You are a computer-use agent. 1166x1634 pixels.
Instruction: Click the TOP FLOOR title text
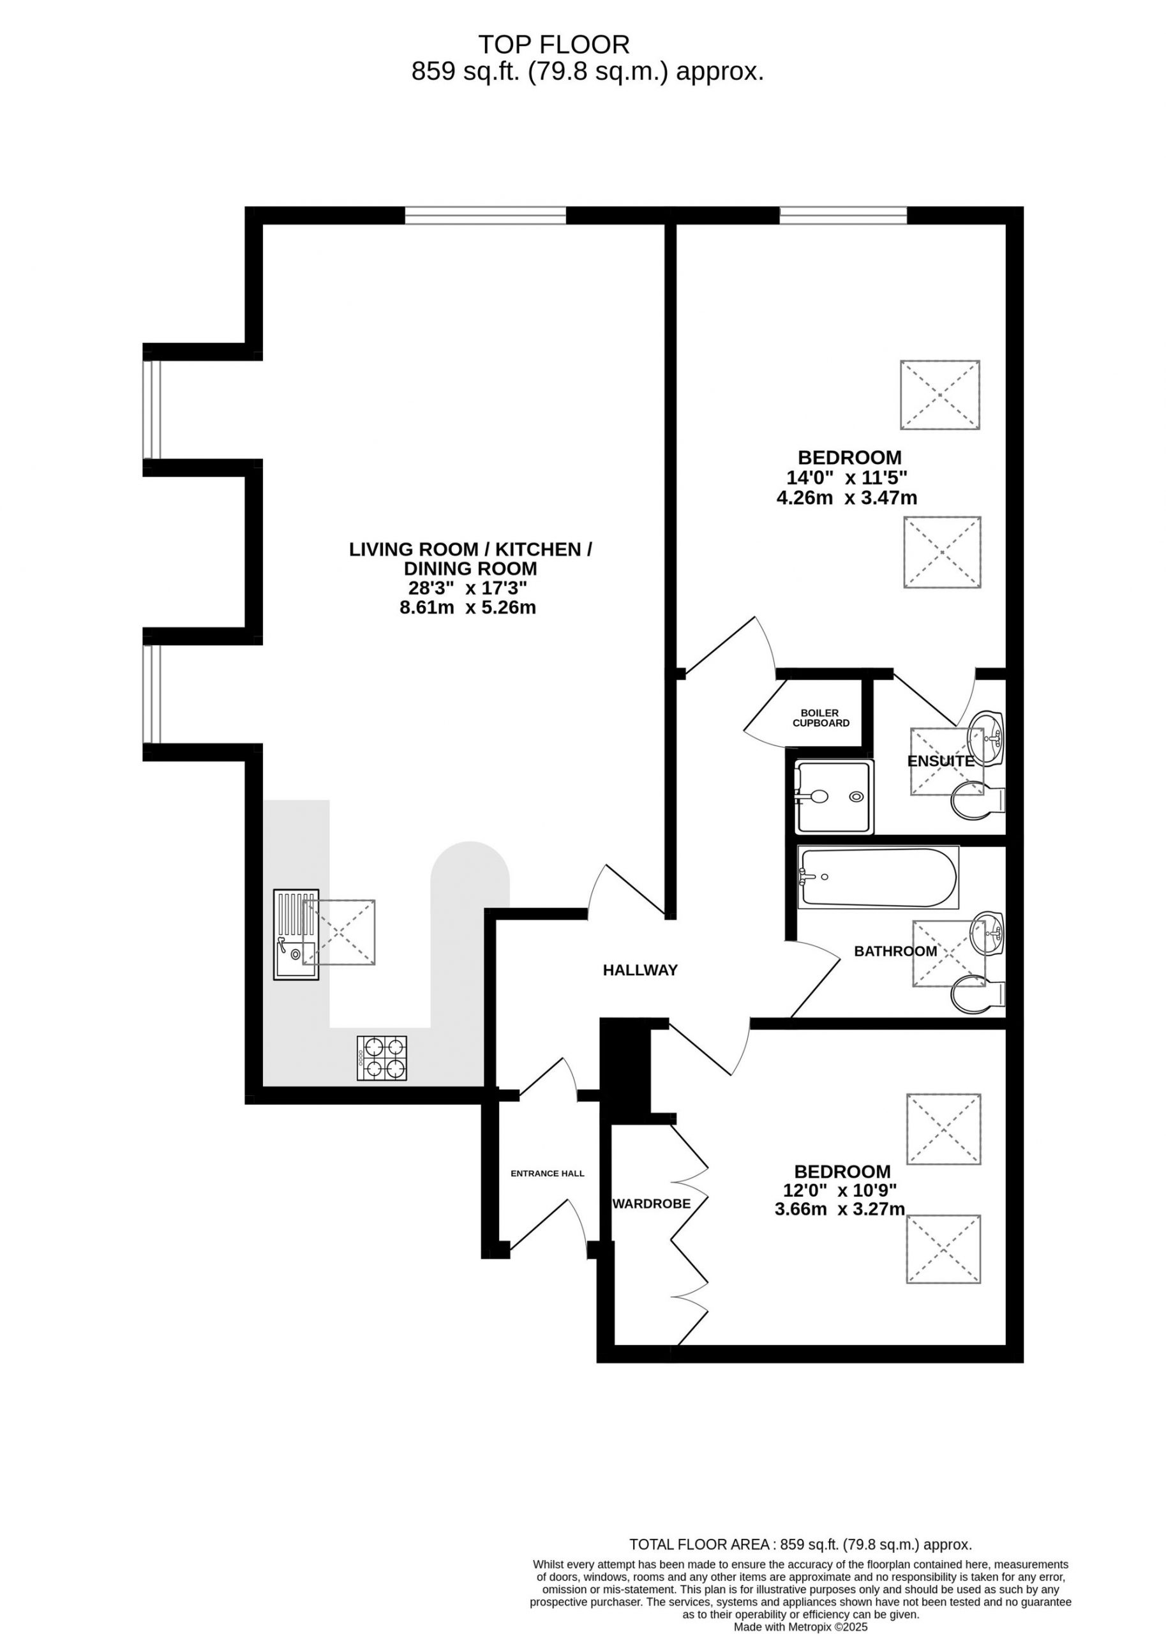pos(553,45)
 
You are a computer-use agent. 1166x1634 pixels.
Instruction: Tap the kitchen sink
pos(295,934)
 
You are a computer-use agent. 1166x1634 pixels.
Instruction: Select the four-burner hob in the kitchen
pos(382,1058)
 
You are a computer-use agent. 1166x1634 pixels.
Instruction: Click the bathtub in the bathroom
pos(878,877)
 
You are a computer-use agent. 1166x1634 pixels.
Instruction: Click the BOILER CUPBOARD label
pos(821,718)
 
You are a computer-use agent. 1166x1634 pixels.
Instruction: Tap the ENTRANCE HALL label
pos(547,1174)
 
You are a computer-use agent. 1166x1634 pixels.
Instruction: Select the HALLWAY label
pos(641,971)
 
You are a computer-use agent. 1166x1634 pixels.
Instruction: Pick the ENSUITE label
pos(941,761)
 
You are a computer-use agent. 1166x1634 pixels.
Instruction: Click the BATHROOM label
pos(895,951)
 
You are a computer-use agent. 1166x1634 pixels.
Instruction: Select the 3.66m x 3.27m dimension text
pos(840,1209)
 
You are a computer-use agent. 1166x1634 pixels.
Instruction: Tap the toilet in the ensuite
pos(978,802)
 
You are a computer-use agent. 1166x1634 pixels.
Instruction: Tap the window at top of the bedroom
pos(844,215)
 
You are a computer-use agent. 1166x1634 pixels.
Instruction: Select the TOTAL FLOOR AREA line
pos(800,1544)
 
